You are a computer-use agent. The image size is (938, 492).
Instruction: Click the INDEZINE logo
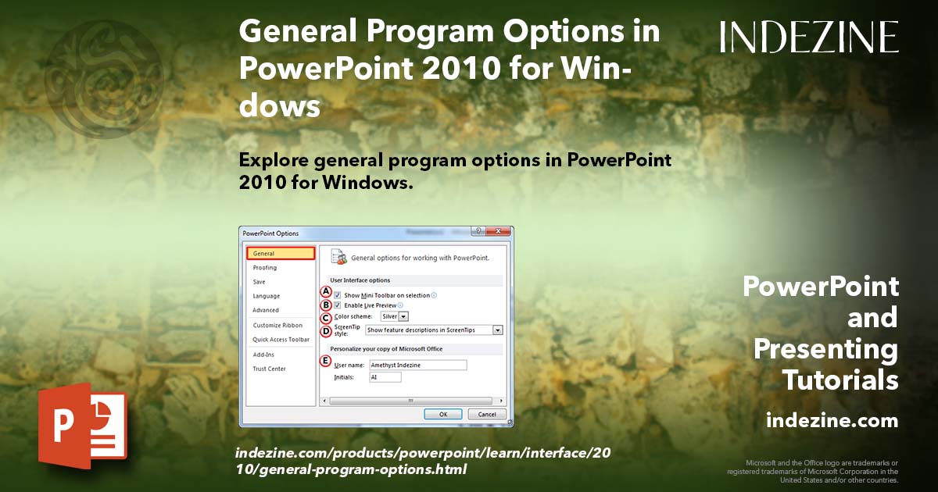point(809,37)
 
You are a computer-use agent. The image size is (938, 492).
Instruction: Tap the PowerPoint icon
point(83,426)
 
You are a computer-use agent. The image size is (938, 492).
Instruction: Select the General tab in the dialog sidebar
point(280,254)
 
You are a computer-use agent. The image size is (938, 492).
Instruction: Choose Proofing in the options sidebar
point(264,268)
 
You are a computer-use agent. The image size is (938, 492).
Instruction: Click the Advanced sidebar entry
point(266,310)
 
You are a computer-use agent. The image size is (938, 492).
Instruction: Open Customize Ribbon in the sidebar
point(277,325)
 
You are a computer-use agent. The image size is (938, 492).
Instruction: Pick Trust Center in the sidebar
point(269,369)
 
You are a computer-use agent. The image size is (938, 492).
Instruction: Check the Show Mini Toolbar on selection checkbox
point(338,295)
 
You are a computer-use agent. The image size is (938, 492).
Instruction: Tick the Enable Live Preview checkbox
point(338,305)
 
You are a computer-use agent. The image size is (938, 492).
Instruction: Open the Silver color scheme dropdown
point(395,316)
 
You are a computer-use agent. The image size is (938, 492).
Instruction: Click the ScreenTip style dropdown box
point(434,330)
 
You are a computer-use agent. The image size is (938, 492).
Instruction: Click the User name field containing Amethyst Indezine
point(418,365)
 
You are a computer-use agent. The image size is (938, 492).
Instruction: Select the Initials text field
point(385,377)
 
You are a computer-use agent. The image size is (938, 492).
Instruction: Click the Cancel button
point(487,414)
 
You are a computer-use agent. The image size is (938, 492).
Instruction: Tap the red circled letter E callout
point(326,361)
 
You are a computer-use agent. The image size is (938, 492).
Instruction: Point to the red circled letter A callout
point(326,291)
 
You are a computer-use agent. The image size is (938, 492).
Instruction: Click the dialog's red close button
point(498,232)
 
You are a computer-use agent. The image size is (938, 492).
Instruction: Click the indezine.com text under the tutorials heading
point(832,421)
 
